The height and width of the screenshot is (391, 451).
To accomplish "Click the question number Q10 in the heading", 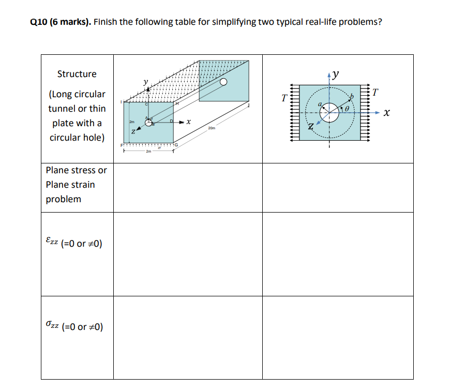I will click(40, 23).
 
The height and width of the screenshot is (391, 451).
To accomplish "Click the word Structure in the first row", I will click(77, 74).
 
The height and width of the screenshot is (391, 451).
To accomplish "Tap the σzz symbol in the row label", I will click(51, 326).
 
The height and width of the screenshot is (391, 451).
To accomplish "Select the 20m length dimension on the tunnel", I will click(212, 128).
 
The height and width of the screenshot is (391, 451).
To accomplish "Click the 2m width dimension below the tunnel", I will click(148, 152).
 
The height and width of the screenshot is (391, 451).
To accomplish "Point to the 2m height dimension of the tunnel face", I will click(132, 122).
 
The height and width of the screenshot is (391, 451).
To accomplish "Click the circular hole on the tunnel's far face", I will click(223, 82).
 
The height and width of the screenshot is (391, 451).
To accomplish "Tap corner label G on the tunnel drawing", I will click(176, 145).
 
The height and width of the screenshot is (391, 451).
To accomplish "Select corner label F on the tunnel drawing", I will click(123, 145).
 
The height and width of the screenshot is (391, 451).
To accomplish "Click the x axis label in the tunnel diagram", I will click(189, 123).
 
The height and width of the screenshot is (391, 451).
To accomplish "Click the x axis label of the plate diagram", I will click(386, 113).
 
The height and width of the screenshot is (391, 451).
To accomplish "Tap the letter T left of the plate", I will click(283, 96).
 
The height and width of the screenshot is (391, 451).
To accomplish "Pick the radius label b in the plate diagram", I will click(353, 97).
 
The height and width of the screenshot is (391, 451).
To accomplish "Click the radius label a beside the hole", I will click(320, 105).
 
